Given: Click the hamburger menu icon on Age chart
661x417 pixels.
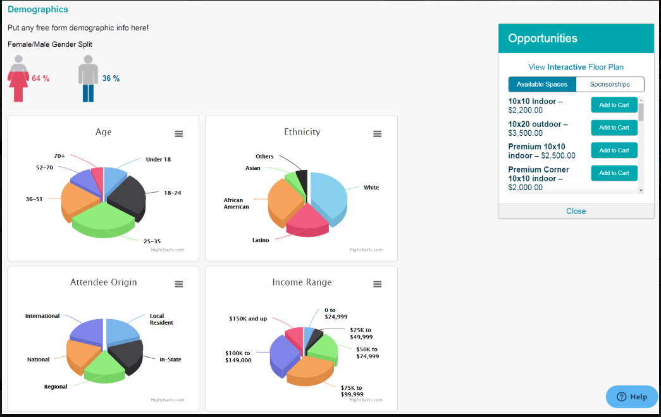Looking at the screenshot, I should click(x=179, y=134).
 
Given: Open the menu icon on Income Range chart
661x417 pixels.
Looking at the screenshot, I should click(x=378, y=284).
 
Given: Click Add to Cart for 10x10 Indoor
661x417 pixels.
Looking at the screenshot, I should click(x=614, y=105).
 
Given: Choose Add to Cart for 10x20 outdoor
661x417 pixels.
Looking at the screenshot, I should click(x=614, y=128).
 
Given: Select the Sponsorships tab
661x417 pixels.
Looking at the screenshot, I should click(x=610, y=84).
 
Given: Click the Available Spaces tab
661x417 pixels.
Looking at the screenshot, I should click(x=542, y=84).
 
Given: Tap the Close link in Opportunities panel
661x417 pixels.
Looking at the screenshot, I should click(x=576, y=211).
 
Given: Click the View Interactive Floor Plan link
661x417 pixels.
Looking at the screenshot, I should click(x=576, y=67).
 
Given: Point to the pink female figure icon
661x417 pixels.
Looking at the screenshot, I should click(x=18, y=78).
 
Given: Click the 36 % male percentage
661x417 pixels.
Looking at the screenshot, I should click(x=111, y=78).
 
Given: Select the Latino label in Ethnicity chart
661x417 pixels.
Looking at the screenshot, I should click(x=261, y=240).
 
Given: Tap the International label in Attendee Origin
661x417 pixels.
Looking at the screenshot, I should click(x=42, y=316).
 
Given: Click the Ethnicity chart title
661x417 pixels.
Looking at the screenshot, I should click(x=302, y=132).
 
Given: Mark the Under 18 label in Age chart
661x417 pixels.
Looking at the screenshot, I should click(x=158, y=159).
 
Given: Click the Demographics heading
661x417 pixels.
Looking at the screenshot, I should click(x=38, y=9).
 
